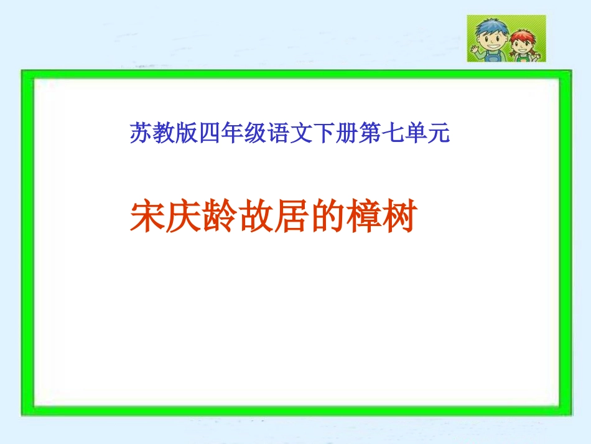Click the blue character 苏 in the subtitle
pos(139,133)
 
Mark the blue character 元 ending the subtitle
pos(438,133)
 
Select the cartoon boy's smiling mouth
pos(493,45)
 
